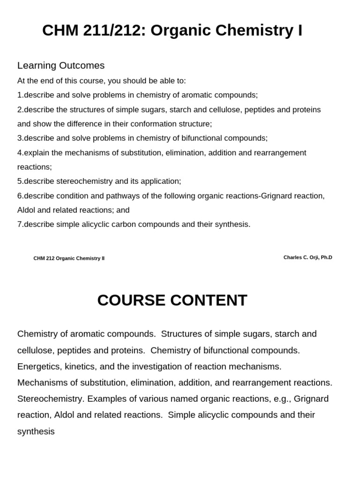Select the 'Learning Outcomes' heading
[61, 66]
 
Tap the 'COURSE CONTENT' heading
[172, 300]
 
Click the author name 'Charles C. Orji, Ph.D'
[307, 257]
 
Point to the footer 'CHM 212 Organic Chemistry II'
[69, 258]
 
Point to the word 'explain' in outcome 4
[37, 153]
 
